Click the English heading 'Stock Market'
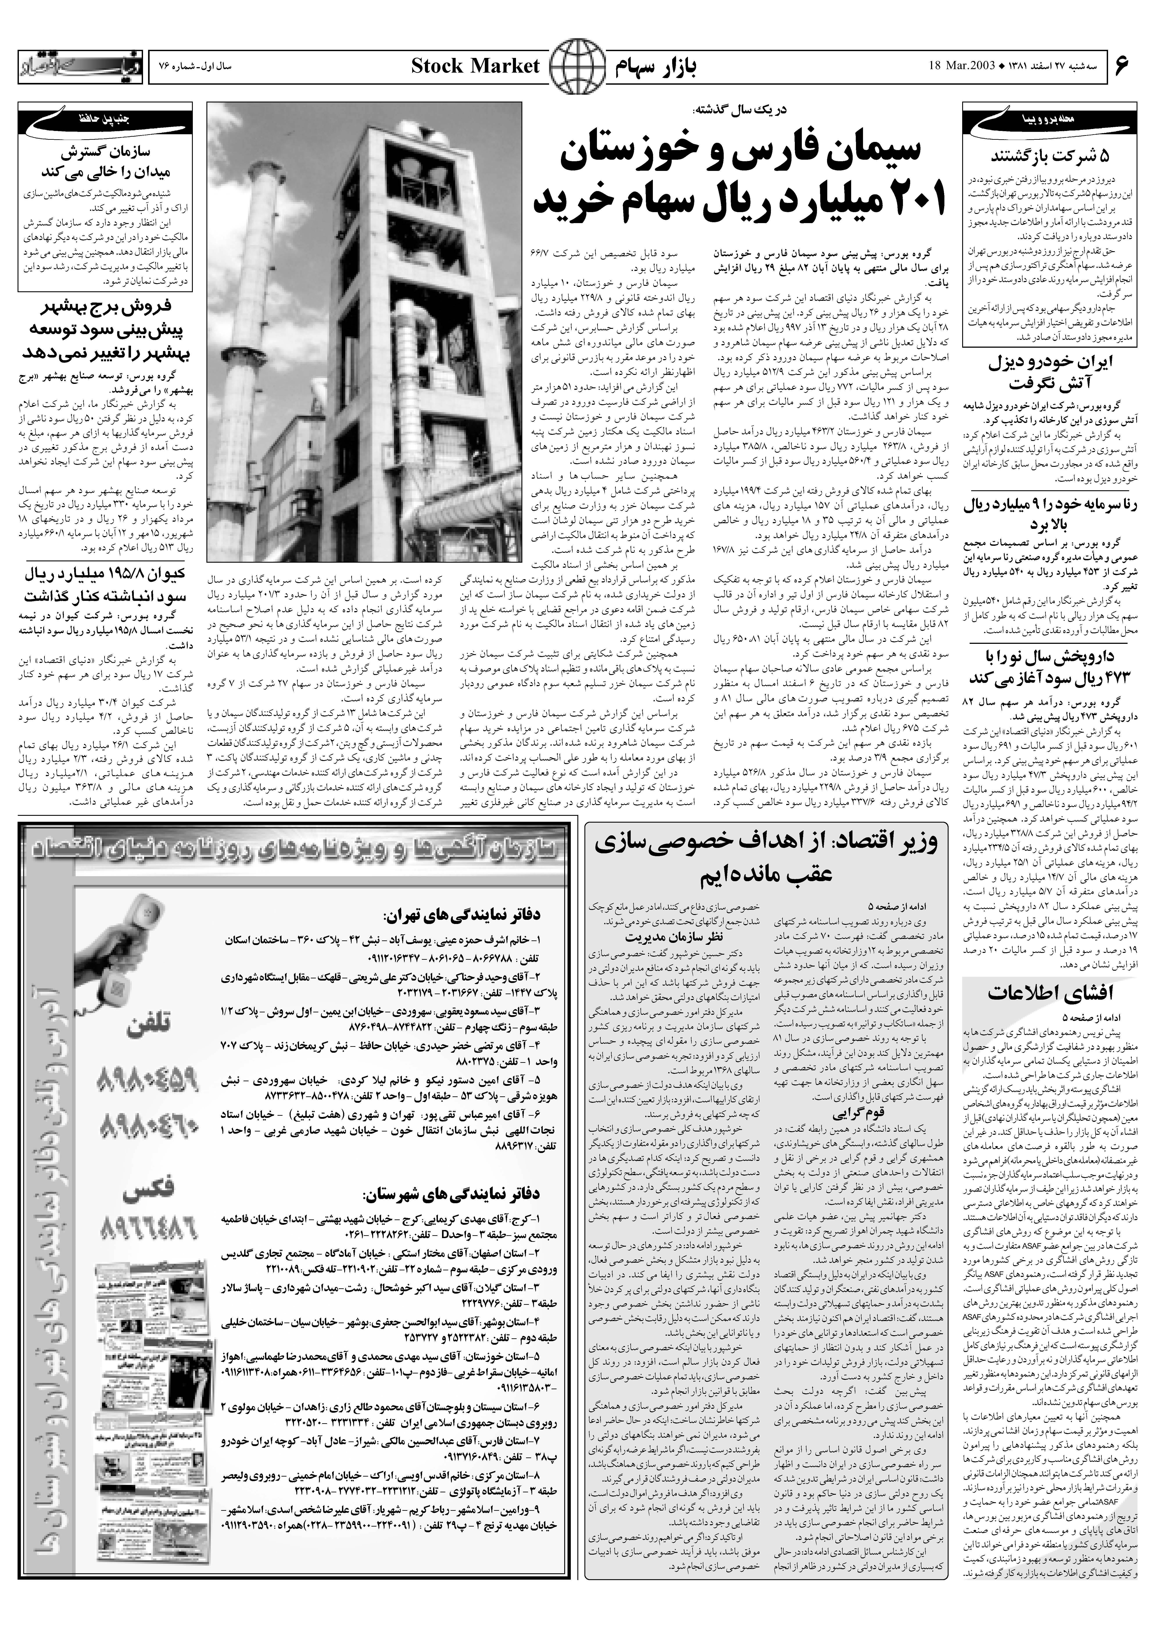(x=475, y=67)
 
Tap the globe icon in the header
(x=573, y=67)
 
